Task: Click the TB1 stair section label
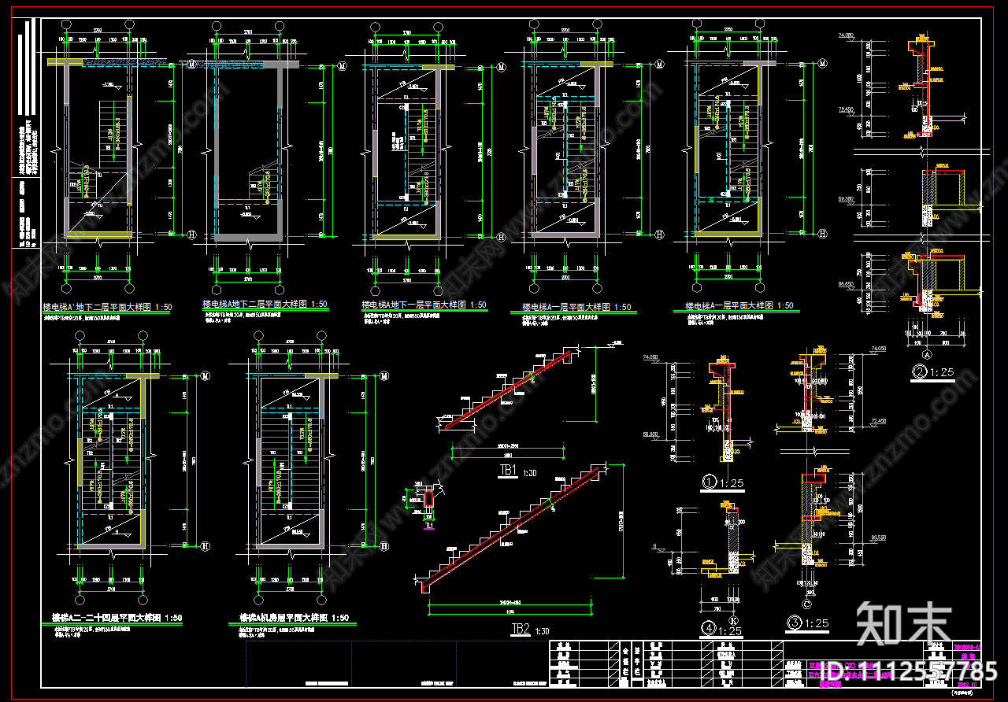(x=507, y=471)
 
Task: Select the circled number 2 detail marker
(x=918, y=372)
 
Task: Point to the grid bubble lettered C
(x=806, y=604)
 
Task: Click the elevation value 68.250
(x=650, y=434)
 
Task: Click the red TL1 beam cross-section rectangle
(x=427, y=498)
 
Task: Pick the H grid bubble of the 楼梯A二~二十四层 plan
(x=206, y=545)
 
